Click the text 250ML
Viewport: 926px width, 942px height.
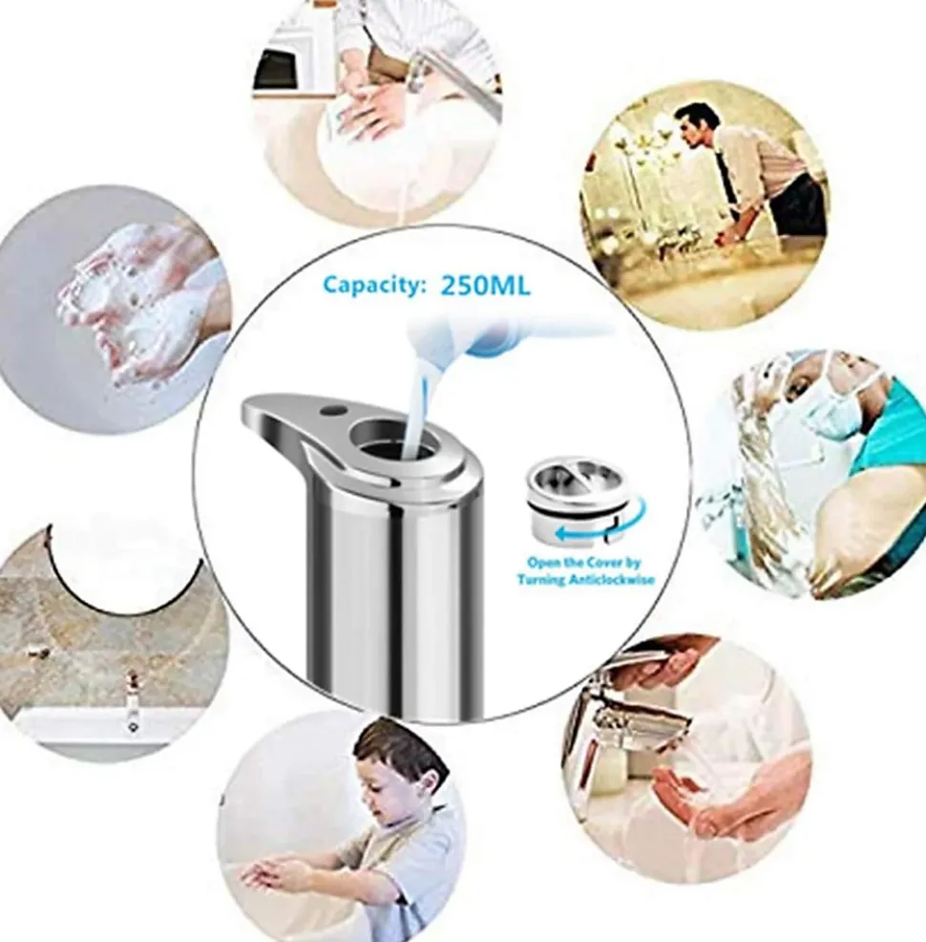pos(486,286)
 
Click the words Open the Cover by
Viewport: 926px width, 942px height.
pos(584,563)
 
